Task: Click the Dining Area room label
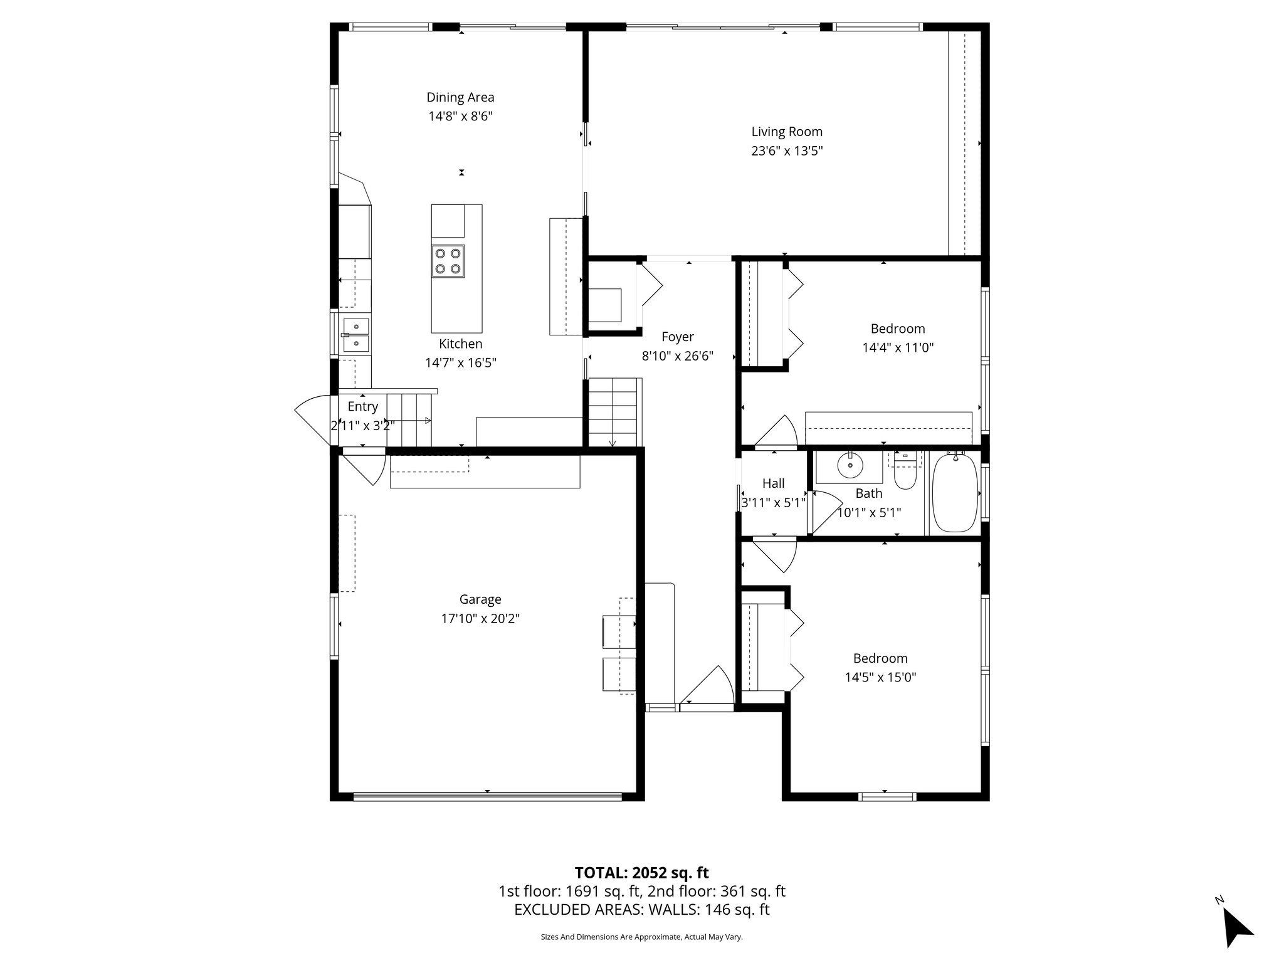click(460, 97)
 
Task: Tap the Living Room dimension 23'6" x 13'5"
click(787, 151)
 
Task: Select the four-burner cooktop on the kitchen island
click(448, 261)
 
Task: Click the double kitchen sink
click(356, 335)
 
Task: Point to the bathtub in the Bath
click(955, 493)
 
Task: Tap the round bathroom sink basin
click(850, 466)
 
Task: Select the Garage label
click(480, 599)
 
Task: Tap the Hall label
click(773, 483)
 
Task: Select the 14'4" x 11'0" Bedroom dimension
click(898, 348)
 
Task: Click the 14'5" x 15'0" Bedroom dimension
click(880, 677)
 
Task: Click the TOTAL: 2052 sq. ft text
click(641, 873)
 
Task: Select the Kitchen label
click(460, 344)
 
